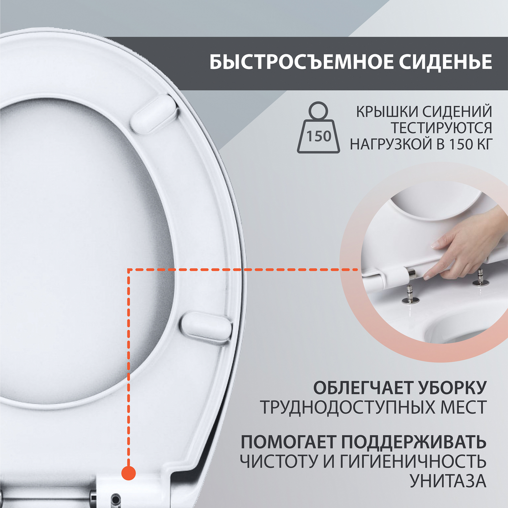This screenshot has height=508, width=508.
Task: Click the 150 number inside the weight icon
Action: point(319,136)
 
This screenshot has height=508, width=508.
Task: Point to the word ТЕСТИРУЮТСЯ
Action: point(441,128)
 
